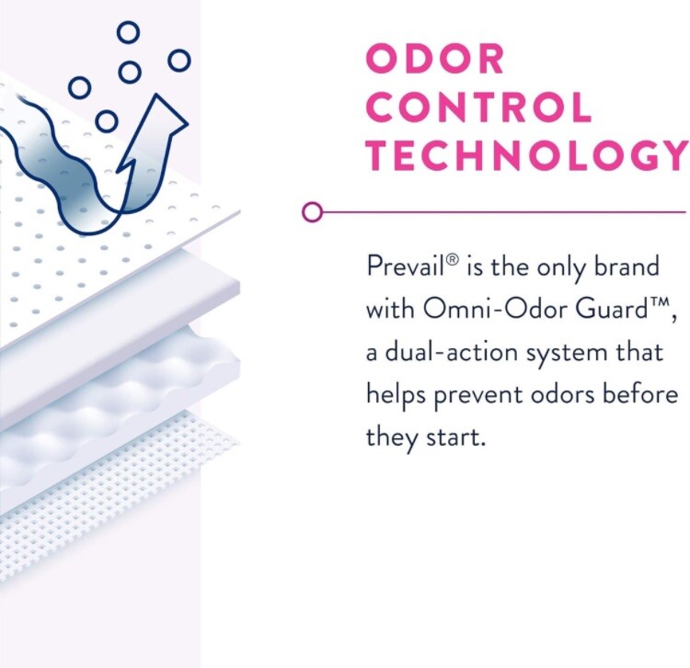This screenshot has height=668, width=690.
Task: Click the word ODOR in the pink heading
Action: [435, 60]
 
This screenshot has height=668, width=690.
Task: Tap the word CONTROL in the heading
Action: [479, 108]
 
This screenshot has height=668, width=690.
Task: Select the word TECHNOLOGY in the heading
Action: [526, 155]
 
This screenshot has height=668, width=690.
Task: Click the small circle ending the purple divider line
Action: [313, 213]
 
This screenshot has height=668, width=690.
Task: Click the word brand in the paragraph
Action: [626, 267]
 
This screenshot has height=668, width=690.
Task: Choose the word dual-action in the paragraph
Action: [460, 352]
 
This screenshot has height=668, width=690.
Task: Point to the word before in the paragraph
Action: [636, 394]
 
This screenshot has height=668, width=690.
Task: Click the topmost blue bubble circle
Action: [128, 32]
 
